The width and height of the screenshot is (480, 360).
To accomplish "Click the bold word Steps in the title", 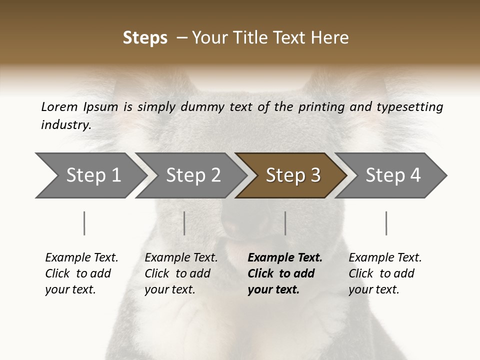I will pyautogui.click(x=145, y=38).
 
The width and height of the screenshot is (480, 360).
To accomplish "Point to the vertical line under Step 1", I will pyautogui.click(x=84, y=223).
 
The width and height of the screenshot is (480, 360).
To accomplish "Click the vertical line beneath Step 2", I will pyautogui.click(x=184, y=223).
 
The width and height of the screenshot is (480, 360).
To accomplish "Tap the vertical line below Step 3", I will pyautogui.click(x=285, y=223).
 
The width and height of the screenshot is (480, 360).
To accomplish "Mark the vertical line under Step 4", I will pyautogui.click(x=386, y=223).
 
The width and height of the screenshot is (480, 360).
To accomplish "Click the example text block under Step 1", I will pyautogui.click(x=81, y=273).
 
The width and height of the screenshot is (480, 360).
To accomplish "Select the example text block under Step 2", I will pyautogui.click(x=181, y=273).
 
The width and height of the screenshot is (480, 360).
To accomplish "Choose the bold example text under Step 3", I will pyautogui.click(x=285, y=273).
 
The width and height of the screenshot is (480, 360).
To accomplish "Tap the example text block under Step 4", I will pyautogui.click(x=385, y=273).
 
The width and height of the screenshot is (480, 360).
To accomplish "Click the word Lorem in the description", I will pyautogui.click(x=59, y=107).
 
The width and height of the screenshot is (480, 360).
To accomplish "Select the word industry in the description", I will pyautogui.click(x=65, y=124).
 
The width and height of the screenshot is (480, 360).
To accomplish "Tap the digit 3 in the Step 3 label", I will pyautogui.click(x=315, y=175).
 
